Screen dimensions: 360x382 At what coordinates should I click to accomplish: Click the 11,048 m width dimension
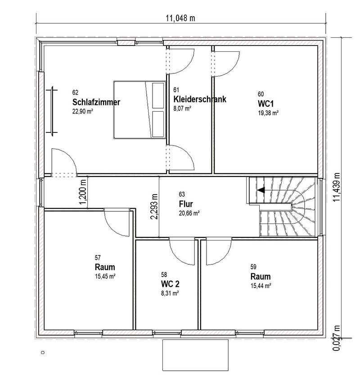[180, 18]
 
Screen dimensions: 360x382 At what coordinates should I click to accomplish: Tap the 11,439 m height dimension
[337, 187]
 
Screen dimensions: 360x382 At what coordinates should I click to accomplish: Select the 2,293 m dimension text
[154, 207]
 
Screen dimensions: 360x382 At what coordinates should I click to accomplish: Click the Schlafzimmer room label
[96, 102]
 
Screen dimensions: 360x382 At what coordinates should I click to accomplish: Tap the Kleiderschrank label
[200, 99]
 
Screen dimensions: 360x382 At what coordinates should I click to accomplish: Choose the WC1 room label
[266, 104]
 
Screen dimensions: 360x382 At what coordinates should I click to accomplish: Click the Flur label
[186, 204]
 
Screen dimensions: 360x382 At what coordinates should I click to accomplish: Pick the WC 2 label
[170, 284]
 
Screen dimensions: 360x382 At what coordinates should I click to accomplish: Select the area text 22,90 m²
[83, 111]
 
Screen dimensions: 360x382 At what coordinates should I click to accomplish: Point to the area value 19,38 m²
[268, 113]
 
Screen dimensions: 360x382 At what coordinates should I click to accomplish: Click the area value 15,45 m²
[105, 276]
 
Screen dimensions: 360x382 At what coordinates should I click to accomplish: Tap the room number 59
[253, 267]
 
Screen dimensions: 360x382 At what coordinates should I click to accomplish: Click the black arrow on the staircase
[261, 190]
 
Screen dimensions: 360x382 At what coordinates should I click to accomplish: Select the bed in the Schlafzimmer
[139, 110]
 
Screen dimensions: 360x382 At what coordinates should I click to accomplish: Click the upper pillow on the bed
[158, 95]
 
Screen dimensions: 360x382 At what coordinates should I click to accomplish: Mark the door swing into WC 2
[182, 252]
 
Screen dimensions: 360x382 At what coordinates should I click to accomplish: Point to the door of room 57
[117, 222]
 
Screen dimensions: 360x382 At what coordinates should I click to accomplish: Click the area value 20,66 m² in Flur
[189, 213]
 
